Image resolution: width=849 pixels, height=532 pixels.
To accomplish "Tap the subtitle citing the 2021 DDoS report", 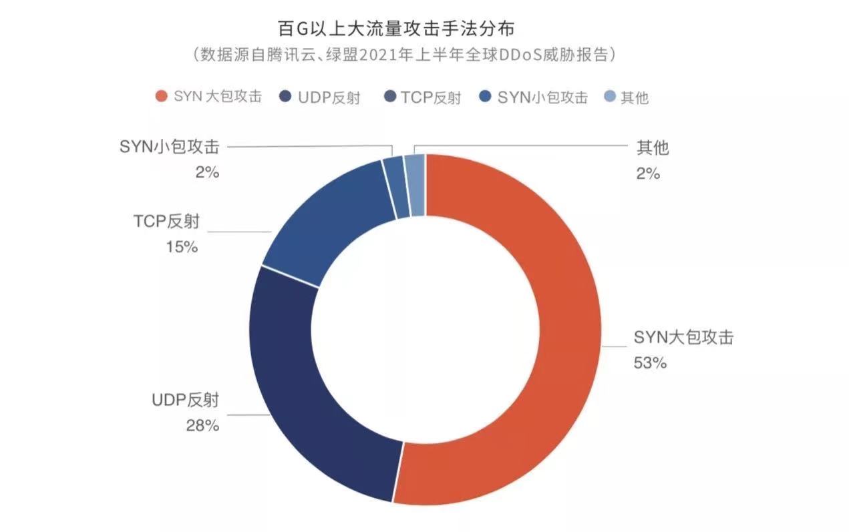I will (x=403, y=55).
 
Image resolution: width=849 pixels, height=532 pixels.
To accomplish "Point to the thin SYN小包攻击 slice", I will (x=395, y=187).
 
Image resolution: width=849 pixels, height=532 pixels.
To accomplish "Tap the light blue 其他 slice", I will (x=415, y=185).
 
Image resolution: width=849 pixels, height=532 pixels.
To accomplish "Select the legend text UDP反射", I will (x=329, y=97).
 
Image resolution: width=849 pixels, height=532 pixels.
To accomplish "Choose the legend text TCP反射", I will (x=431, y=97).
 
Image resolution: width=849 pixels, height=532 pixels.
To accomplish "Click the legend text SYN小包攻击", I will (x=542, y=97).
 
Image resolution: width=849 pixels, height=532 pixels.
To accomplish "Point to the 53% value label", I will (x=650, y=363).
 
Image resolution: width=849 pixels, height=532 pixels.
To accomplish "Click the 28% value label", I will (x=202, y=425).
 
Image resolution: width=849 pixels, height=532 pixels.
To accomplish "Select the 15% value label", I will (x=182, y=246).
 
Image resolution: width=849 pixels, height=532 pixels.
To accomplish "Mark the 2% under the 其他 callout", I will (x=647, y=173).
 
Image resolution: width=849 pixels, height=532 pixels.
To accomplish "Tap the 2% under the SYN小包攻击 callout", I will (x=207, y=172).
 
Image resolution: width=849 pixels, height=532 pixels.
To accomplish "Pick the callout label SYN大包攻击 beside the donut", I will (x=683, y=338).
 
